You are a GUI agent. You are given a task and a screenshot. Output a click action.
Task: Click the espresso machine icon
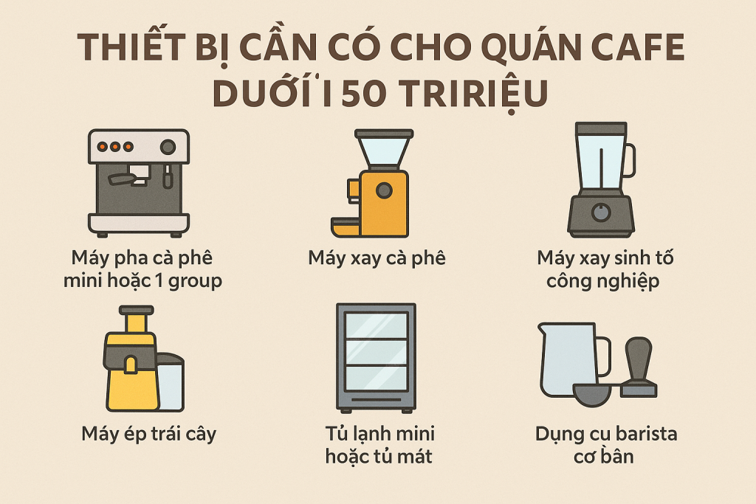pyautogui.click(x=139, y=182)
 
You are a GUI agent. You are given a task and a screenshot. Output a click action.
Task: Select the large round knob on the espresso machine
pyautogui.click(x=168, y=147)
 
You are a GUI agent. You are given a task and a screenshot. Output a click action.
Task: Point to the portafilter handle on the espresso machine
pyautogui.click(x=121, y=179)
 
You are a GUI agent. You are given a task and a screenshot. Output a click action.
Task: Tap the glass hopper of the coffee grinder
pyautogui.click(x=384, y=153)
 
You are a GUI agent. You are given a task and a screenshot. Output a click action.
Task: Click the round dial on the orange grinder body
pyautogui.click(x=384, y=190)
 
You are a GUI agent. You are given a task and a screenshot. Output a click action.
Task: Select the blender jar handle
pyautogui.click(x=630, y=160)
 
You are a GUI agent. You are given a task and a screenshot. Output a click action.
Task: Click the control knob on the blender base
pyautogui.click(x=601, y=212)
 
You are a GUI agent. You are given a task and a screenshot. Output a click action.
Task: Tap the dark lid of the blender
pyautogui.click(x=601, y=128)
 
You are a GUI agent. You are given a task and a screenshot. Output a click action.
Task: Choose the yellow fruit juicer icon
pyautogui.click(x=144, y=359)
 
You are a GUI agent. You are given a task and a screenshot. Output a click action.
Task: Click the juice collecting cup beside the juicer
pyautogui.click(x=171, y=382)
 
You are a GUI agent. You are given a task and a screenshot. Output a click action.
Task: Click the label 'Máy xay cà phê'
pyautogui.click(x=377, y=258)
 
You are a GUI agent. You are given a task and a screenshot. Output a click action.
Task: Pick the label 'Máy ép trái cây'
pyautogui.click(x=149, y=434)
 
